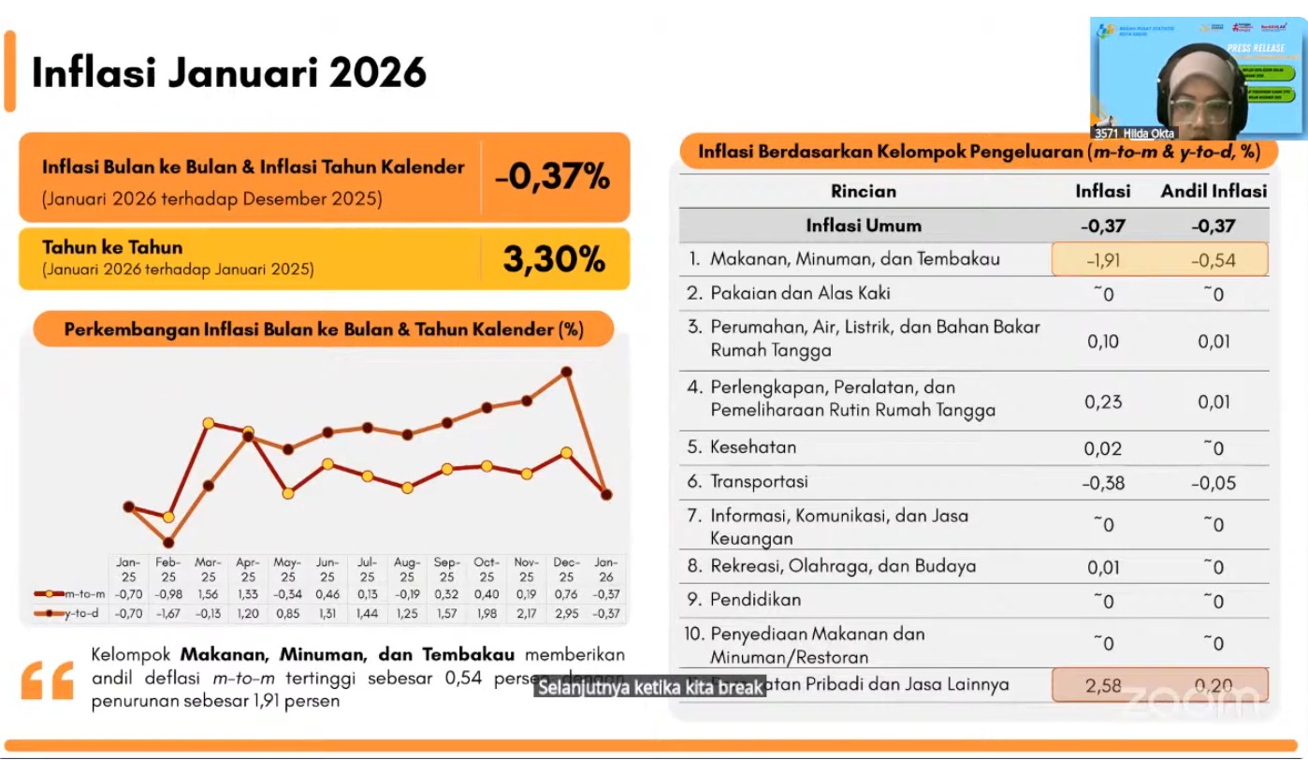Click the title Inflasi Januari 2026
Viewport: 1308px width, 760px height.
[x=229, y=72]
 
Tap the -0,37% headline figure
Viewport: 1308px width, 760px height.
[x=553, y=176]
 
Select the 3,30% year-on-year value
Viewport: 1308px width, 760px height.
[x=554, y=259]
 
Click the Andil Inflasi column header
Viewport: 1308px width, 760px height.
[x=1214, y=191]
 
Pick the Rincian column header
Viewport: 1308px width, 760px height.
[x=863, y=191]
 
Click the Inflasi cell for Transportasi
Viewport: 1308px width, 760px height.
[x=1103, y=483]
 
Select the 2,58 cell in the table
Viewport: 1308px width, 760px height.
[x=1103, y=685]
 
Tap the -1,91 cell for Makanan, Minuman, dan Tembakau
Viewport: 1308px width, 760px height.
[x=1103, y=260]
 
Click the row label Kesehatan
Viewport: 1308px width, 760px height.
[x=752, y=446]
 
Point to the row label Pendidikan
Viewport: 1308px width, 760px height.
[x=755, y=599]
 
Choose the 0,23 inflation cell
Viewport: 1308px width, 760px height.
[x=1103, y=401]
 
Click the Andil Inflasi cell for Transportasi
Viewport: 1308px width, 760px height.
[x=1214, y=483]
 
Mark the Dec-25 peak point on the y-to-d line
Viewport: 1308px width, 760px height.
[x=566, y=372]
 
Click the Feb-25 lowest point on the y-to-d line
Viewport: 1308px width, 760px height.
[x=168, y=542]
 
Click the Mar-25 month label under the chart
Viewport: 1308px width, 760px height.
[x=208, y=569]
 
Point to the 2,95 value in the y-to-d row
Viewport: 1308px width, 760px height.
[x=566, y=613]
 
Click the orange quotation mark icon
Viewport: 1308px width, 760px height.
[x=47, y=680]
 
